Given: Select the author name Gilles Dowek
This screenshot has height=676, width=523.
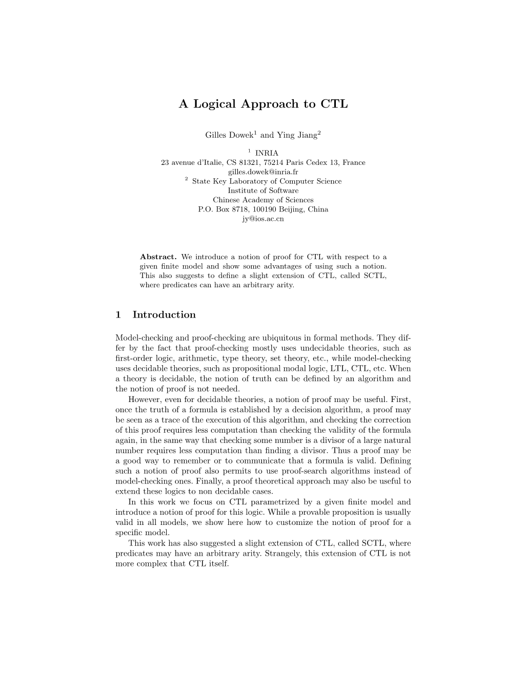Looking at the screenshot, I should click(x=230, y=135).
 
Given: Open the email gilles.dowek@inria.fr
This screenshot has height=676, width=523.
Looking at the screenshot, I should click(x=263, y=172).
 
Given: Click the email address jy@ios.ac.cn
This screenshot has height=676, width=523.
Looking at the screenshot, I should click(x=263, y=219).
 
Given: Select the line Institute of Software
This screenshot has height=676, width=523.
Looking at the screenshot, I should click(x=263, y=191).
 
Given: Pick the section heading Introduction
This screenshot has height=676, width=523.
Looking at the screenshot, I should click(x=164, y=315).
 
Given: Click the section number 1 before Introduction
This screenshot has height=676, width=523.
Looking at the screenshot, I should click(x=118, y=315).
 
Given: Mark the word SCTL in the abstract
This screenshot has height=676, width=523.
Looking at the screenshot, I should click(x=376, y=276).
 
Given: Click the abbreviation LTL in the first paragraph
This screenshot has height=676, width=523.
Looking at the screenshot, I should click(x=340, y=369).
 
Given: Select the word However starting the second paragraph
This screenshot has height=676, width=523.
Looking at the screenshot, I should click(x=143, y=399).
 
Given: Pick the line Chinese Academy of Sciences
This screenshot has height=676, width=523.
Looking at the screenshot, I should click(x=263, y=200).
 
